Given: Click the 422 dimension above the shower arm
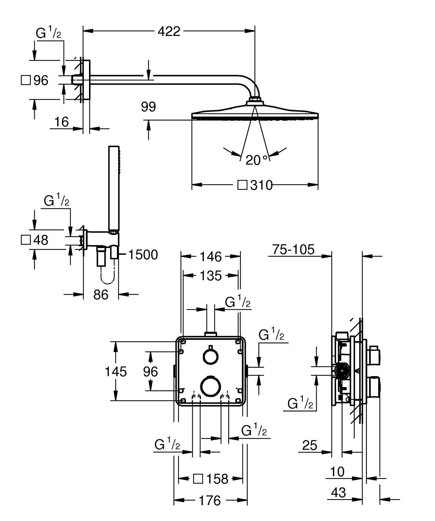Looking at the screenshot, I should point(169,31).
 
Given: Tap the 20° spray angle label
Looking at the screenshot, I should point(256,160).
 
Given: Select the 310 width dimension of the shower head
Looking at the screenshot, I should point(261,185).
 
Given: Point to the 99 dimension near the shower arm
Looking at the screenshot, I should point(148,107).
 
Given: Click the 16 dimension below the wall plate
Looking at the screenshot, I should point(61,122).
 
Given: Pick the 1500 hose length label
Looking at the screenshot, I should point(143,255).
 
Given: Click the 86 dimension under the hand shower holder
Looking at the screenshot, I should point(101,295).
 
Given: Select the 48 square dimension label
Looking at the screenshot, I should point(40,240).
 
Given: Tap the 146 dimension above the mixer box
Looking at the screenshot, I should point(211,257).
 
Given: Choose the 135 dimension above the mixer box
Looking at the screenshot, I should point(211,276).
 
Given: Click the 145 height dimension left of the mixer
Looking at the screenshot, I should point(116,371).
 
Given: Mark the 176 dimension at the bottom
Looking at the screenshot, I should point(210,500).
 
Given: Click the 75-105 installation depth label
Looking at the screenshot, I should point(293,249).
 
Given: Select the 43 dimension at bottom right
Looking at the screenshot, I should point(338,492).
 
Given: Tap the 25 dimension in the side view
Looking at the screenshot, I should point(310,445).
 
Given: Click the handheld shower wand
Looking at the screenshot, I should point(114,188).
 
